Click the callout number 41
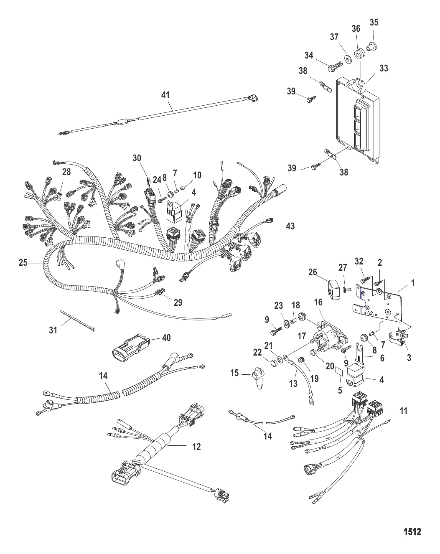[166, 95]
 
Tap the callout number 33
[383, 68]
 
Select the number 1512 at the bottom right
[412, 532]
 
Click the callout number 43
[290, 226]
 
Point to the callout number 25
[23, 263]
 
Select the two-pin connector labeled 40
[130, 347]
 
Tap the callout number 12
[196, 447]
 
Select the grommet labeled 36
[359, 54]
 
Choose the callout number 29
[178, 302]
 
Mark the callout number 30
[137, 158]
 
